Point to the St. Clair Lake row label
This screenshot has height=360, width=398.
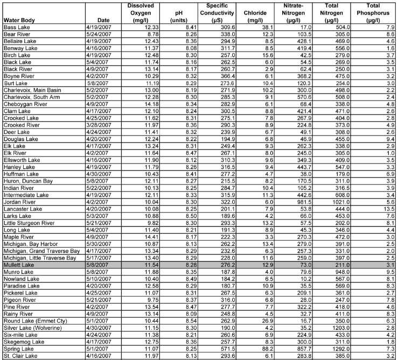[18, 356]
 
